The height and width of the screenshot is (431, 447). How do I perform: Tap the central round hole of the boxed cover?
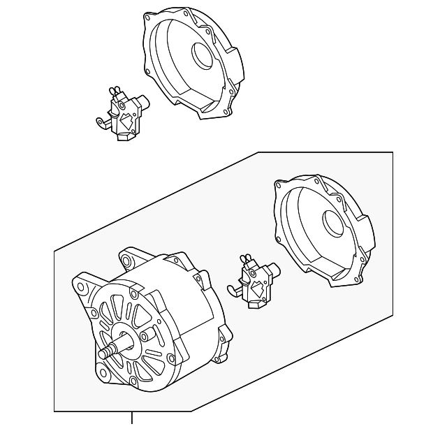tap(334, 224)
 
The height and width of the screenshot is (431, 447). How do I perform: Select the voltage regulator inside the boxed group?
tap(257, 283)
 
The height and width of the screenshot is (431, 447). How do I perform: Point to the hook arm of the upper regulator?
tap(100, 124)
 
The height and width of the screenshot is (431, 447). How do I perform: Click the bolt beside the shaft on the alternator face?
tap(144, 337)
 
